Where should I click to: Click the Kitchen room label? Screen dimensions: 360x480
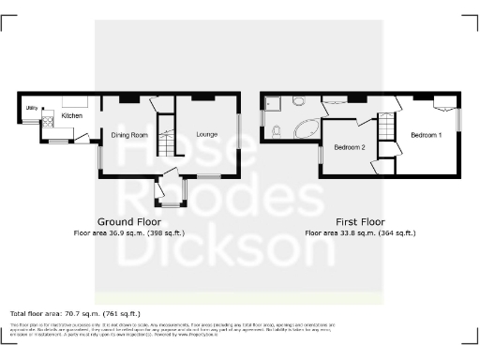(x=72, y=115)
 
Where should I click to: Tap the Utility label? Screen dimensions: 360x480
(x=31, y=108)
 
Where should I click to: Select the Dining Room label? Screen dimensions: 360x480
(x=130, y=135)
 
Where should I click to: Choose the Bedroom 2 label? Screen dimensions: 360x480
(x=349, y=147)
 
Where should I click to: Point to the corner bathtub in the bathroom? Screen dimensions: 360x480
(x=303, y=130)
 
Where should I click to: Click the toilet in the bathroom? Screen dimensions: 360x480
(x=274, y=132)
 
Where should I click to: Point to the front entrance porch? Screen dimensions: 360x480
(x=172, y=191)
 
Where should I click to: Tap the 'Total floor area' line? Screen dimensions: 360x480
(x=75, y=313)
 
